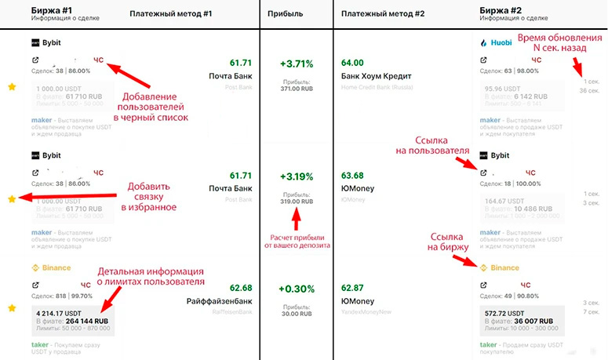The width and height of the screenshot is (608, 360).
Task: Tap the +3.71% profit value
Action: pyautogui.click(x=297, y=64)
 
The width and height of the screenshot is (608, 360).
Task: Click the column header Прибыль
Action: pyautogui.click(x=286, y=13)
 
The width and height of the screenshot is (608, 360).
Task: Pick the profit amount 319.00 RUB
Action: pyautogui.click(x=297, y=202)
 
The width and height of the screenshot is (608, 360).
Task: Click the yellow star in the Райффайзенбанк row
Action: pyautogui.click(x=12, y=308)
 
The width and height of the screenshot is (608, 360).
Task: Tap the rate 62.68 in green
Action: pyautogui.click(x=241, y=288)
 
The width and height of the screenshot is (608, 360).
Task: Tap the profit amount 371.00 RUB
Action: pyautogui.click(x=297, y=89)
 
